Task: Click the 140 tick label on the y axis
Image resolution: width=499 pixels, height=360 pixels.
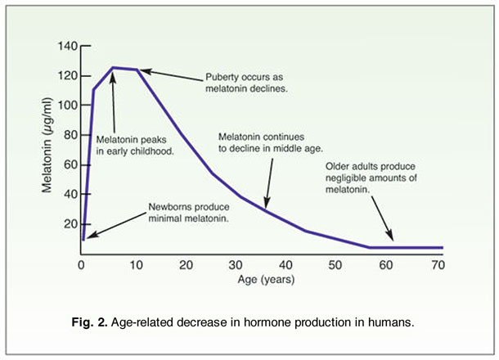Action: [x=65, y=46]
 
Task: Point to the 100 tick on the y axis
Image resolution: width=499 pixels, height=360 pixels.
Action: [x=65, y=106]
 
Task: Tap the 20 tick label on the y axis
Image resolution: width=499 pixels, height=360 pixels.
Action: [x=69, y=224]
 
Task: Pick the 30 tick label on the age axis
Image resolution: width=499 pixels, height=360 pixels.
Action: [x=236, y=266]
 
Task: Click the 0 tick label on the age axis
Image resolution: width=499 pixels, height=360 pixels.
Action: [x=81, y=266]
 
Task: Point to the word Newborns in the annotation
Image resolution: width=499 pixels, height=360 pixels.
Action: [x=170, y=206]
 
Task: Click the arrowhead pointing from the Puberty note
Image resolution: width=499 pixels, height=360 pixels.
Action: [x=142, y=71]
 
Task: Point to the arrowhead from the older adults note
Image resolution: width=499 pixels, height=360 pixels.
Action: [x=391, y=240]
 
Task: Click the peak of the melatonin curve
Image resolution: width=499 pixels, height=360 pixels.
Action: [x=113, y=68]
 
